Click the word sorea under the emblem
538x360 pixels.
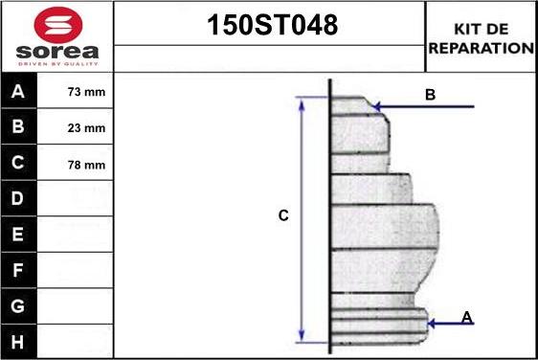57,52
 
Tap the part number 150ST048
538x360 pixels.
273,25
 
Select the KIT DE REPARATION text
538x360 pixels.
482,38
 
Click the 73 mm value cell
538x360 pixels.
86,92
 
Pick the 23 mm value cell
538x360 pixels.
86,128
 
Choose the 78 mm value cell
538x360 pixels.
86,165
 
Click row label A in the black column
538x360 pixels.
18,91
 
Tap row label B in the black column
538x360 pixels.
18,126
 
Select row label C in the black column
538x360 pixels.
18,163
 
